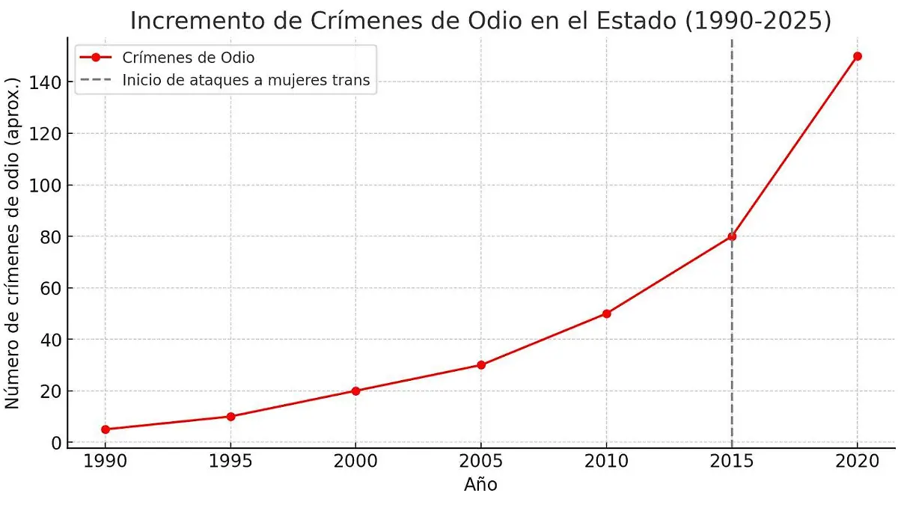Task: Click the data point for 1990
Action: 105,429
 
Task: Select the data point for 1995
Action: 230,417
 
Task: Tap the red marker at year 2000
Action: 355,391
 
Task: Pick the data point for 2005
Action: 481,365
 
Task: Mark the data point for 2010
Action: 606,313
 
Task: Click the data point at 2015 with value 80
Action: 732,236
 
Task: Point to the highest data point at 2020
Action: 858,56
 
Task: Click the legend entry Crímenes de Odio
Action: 188,58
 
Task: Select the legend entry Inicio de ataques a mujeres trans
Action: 246,81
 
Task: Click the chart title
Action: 480,21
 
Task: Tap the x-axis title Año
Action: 480,485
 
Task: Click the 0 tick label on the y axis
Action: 55,443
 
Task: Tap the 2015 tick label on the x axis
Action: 732,462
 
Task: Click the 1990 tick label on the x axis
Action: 105,462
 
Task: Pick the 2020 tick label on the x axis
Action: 858,462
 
